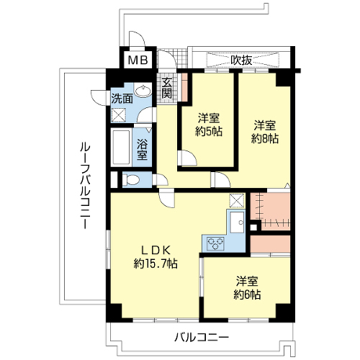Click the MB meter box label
(138, 60)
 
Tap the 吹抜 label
(241, 60)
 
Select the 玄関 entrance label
(166, 89)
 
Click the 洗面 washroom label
(122, 99)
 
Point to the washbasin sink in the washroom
(143, 91)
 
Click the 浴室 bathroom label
(142, 150)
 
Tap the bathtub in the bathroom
(121, 148)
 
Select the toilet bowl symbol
(130, 179)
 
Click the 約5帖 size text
(209, 131)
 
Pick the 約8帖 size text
(265, 139)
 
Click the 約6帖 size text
(247, 294)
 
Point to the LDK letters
(156, 251)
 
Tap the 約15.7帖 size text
(156, 264)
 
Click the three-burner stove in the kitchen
(216, 243)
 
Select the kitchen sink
(237, 222)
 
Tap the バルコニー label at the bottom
(202, 338)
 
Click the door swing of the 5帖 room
(187, 158)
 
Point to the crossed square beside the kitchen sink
(237, 200)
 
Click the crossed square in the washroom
(119, 115)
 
